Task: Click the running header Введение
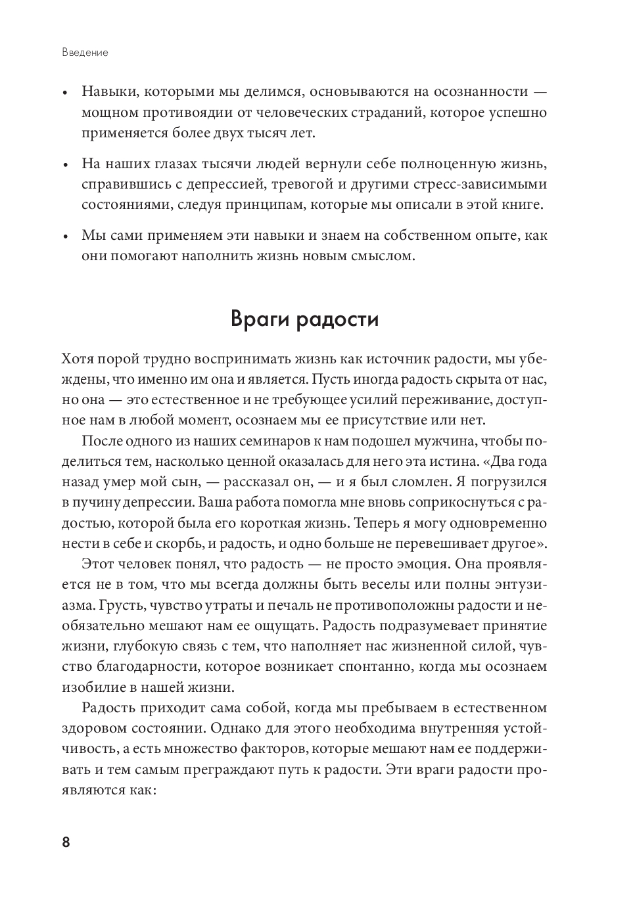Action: (x=85, y=53)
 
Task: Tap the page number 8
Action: (x=66, y=842)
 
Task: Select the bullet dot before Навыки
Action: (x=64, y=93)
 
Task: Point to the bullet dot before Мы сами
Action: (x=64, y=236)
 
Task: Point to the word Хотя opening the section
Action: (x=77, y=359)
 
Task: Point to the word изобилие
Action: (x=95, y=687)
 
